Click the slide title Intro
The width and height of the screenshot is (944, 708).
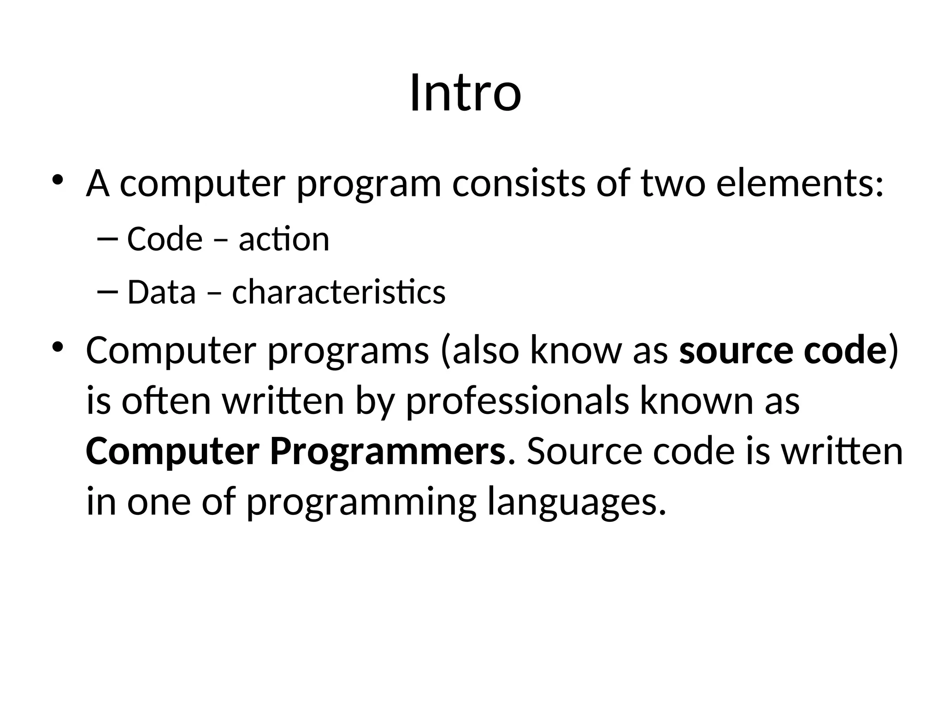pyautogui.click(x=466, y=93)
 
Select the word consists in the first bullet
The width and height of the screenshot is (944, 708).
pyautogui.click(x=519, y=183)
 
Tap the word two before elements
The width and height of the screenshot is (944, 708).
pyautogui.click(x=673, y=183)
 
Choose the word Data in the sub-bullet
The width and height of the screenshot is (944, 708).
pyautogui.click(x=161, y=292)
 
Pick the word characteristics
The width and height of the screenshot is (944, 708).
pyautogui.click(x=339, y=292)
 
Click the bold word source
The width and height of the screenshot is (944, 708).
pyautogui.click(x=736, y=350)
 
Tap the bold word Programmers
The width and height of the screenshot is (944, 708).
pyautogui.click(x=388, y=452)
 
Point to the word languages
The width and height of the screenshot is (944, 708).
pyautogui.click(x=577, y=502)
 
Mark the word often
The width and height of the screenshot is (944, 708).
pyautogui.click(x=166, y=401)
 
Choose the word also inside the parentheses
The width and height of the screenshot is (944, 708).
pyautogui.click(x=484, y=350)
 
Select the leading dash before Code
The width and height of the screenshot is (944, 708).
pyautogui.click(x=108, y=238)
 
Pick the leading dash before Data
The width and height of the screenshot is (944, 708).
pyautogui.click(x=108, y=291)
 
